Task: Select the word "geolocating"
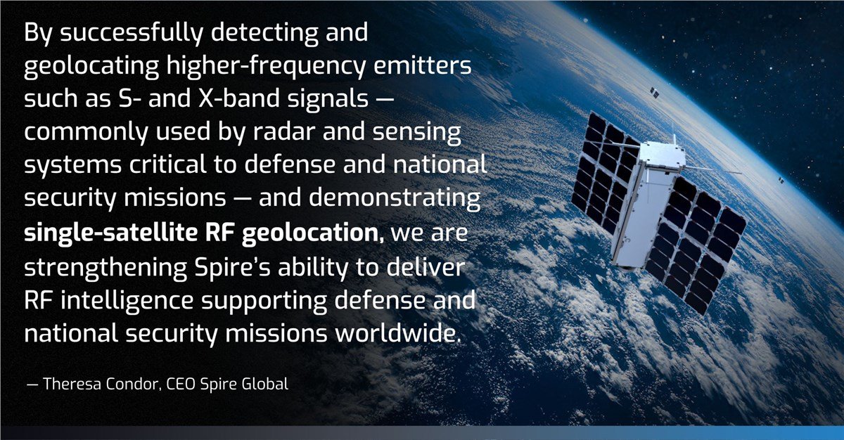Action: [x=91, y=67]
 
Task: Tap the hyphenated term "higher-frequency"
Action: [x=266, y=67]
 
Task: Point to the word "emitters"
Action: [x=423, y=65]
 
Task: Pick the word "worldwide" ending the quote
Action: [x=395, y=333]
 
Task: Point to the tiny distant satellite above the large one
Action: [x=654, y=92]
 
